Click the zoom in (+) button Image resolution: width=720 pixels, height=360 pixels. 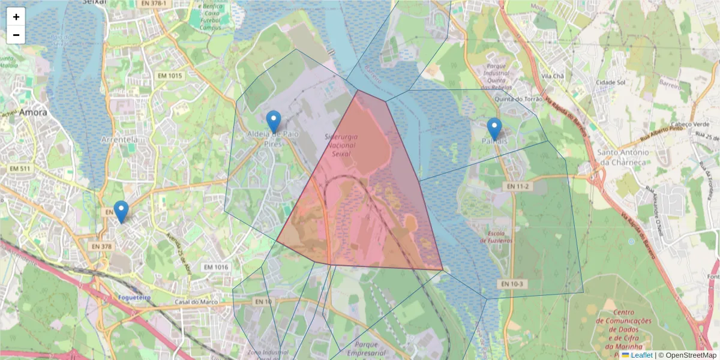click(16, 17)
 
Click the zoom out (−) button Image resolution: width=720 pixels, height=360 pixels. click(16, 35)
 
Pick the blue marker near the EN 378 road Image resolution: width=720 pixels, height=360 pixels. click(121, 211)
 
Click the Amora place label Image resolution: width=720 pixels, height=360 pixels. click(33, 112)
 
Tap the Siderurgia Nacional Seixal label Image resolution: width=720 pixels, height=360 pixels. click(340, 145)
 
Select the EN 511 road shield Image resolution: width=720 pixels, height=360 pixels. click(20, 169)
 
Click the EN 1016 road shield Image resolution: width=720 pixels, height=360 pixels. click(216, 267)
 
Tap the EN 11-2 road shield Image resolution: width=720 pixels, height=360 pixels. click(517, 187)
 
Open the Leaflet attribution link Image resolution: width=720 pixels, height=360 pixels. click(641, 355)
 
